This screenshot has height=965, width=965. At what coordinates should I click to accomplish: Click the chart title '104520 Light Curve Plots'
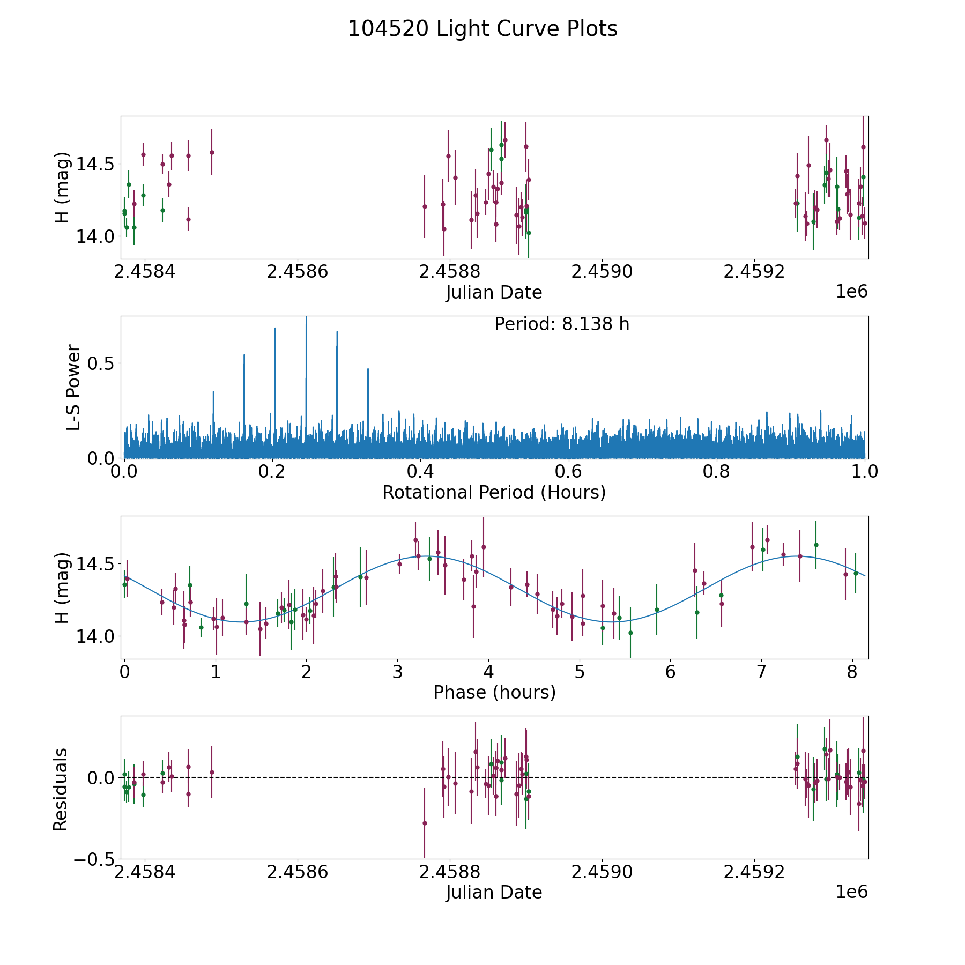coord(482,29)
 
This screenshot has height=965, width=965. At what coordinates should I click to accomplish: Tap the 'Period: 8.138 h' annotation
coord(561,324)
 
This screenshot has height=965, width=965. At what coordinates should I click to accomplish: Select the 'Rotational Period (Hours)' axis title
coord(494,492)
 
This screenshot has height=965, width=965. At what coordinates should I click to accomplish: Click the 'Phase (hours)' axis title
coord(494,692)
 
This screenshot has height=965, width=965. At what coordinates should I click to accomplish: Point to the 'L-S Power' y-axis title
coord(73,387)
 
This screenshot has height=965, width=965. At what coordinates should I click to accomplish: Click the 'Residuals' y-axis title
coord(60,789)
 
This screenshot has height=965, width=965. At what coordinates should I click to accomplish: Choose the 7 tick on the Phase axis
coord(761,672)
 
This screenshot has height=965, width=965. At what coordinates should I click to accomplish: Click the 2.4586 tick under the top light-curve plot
coord(297,272)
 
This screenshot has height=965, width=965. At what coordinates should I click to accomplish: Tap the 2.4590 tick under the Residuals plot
coord(602,872)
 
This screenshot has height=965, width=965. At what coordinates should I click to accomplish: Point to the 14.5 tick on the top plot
coord(96,164)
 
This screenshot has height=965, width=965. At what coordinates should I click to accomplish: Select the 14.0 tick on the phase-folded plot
coord(96,636)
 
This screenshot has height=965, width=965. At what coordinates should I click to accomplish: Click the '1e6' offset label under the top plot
coord(851,292)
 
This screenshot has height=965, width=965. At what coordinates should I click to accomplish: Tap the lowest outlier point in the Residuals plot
coord(425,823)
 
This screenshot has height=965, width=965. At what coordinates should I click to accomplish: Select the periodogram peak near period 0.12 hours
coord(213,392)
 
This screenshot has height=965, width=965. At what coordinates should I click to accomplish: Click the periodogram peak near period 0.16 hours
coord(244,355)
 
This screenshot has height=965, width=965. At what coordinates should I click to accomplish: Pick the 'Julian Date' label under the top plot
coord(494,292)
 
